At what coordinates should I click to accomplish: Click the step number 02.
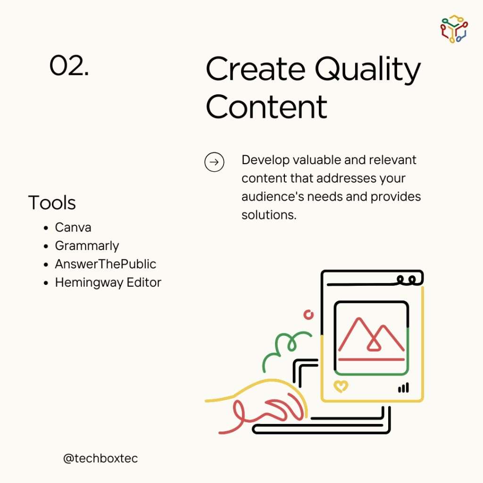69,65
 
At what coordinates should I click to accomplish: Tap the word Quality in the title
367,70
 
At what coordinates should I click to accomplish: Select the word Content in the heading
266,107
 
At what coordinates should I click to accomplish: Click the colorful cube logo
454,29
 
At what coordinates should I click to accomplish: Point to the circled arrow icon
214,162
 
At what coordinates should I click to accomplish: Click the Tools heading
52,203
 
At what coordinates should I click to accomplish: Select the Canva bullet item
73,227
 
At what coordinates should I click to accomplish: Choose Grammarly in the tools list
87,246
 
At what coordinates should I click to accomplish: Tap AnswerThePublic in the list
106,264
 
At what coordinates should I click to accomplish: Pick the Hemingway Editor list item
108,283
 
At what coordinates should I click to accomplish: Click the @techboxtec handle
100,458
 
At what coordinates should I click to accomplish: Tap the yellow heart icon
341,386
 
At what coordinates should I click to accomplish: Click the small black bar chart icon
404,388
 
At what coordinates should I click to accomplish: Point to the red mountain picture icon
371,339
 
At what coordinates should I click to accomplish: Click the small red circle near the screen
308,315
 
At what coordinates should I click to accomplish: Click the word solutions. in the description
269,215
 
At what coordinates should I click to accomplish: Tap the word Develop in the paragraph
266,160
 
